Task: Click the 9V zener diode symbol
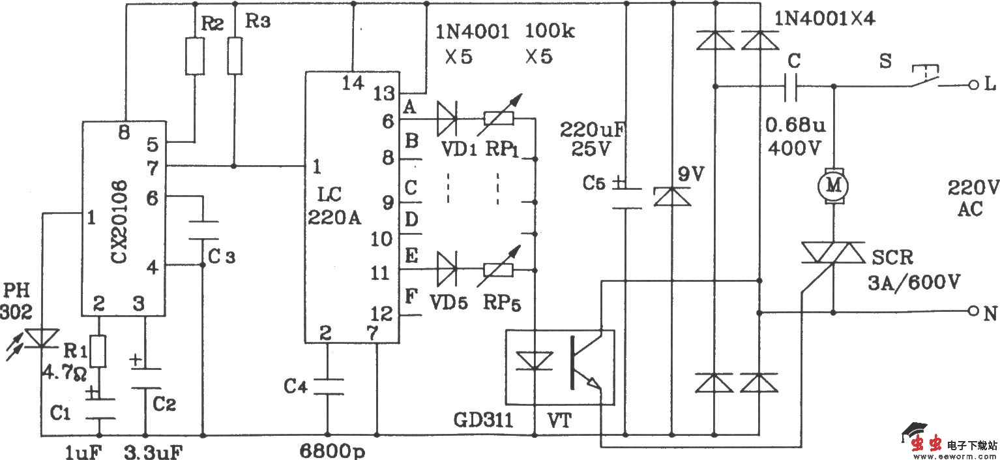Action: click(671, 196)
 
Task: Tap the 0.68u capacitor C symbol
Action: click(791, 85)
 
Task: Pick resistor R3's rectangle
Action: click(235, 55)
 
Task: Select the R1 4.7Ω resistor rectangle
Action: click(99, 352)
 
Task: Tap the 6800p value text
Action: click(329, 451)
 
